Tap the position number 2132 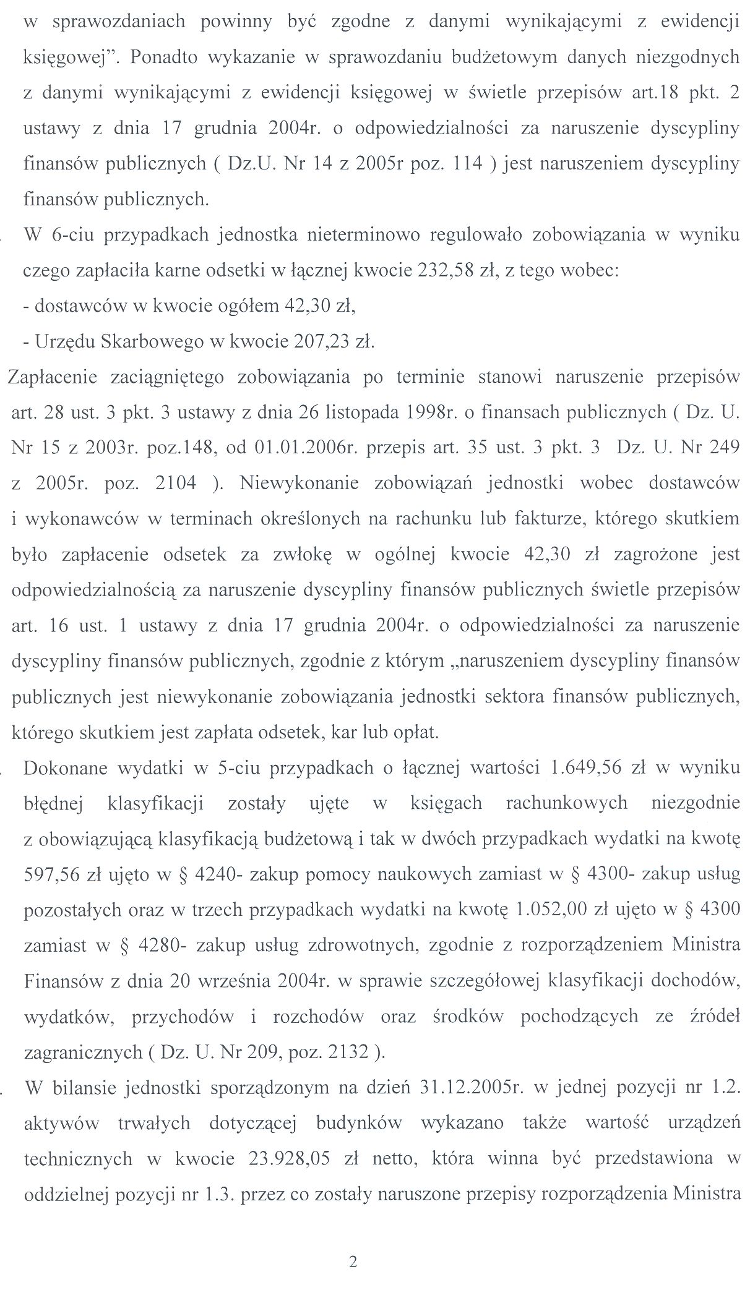click(x=347, y=1052)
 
